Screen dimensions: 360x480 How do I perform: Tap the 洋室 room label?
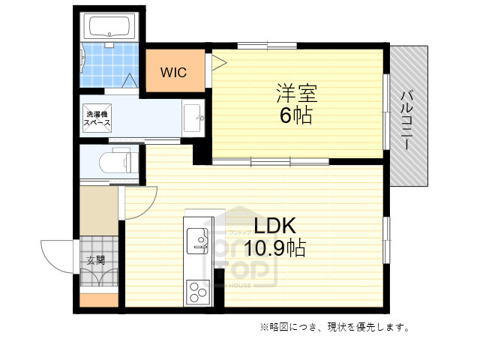tap(297, 94)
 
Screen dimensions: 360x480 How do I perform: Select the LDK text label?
tap(276, 226)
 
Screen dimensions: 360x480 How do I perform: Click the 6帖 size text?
tap(298, 116)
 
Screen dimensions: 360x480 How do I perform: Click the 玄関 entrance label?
tap(95, 261)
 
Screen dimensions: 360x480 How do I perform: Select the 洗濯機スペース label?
tap(97, 118)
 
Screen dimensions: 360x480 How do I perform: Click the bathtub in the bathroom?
tap(110, 28)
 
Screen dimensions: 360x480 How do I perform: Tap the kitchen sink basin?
tap(199, 239)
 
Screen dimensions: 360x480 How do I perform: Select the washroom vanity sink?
tap(193, 118)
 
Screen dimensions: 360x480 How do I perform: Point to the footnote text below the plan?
tap(334, 327)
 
